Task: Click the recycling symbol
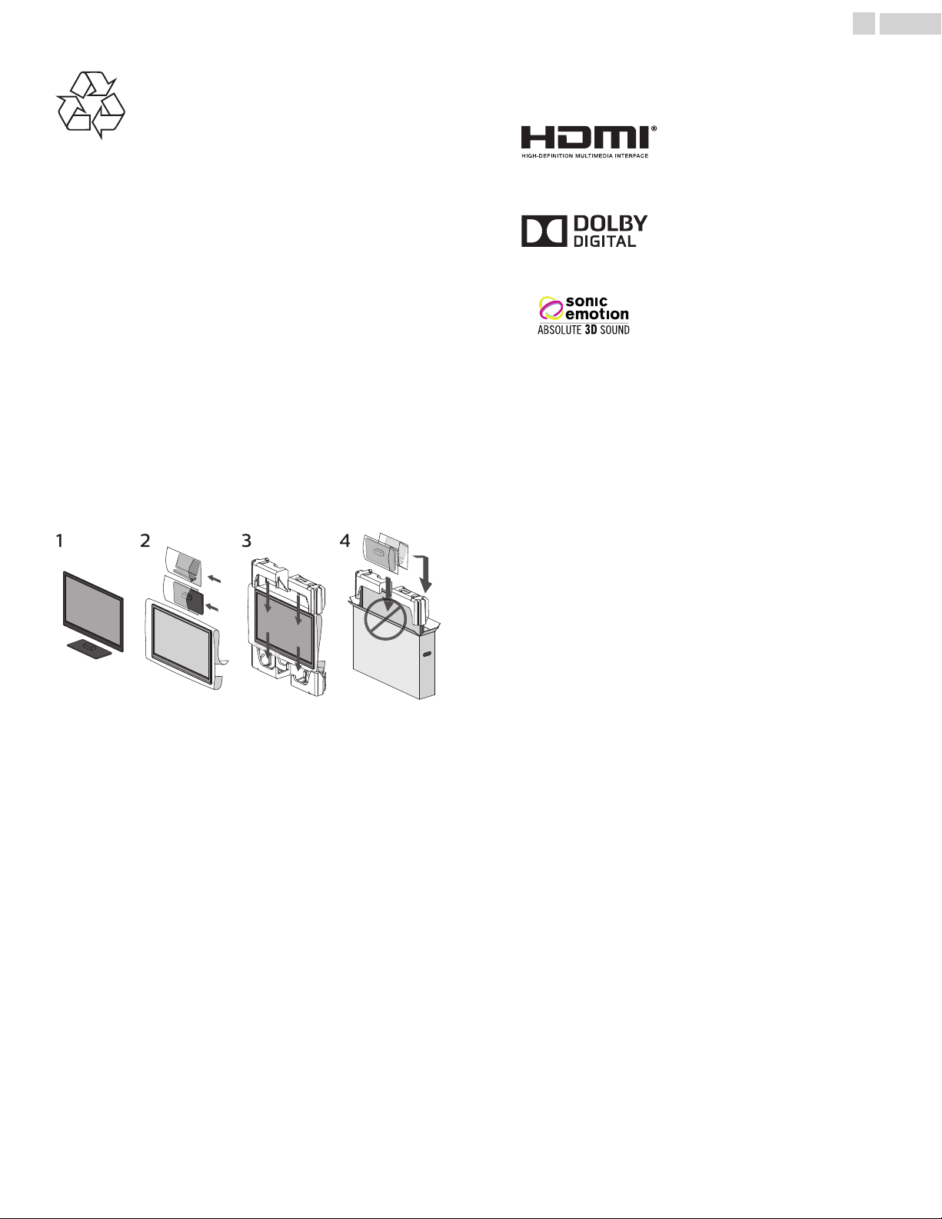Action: [91, 105]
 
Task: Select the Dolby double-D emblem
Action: [544, 231]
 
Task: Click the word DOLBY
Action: [611, 224]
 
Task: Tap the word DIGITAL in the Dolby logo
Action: [604, 241]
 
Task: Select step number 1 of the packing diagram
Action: [59, 541]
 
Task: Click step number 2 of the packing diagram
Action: [145, 541]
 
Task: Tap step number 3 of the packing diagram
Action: [246, 541]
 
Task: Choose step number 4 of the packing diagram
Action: [345, 541]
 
